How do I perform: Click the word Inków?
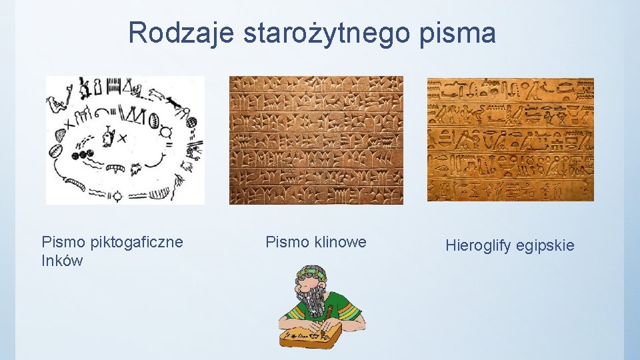(62, 261)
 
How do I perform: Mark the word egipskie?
(546, 245)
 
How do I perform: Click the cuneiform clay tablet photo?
(316, 139)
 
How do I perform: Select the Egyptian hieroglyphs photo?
(510, 139)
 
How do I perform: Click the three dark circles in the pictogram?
(84, 155)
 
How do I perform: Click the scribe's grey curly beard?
(312, 300)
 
